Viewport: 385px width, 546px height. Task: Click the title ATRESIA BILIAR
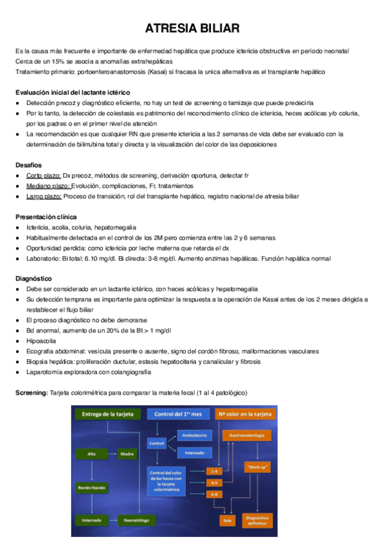192,29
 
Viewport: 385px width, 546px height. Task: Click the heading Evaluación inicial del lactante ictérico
73,93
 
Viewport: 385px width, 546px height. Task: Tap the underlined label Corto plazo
43,176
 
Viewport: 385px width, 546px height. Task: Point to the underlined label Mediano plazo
48,185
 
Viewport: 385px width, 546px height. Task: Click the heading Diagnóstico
33,279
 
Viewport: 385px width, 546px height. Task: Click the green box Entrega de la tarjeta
106,414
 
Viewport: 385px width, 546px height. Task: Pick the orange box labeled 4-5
213,482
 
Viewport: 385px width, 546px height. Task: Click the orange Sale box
227,519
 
